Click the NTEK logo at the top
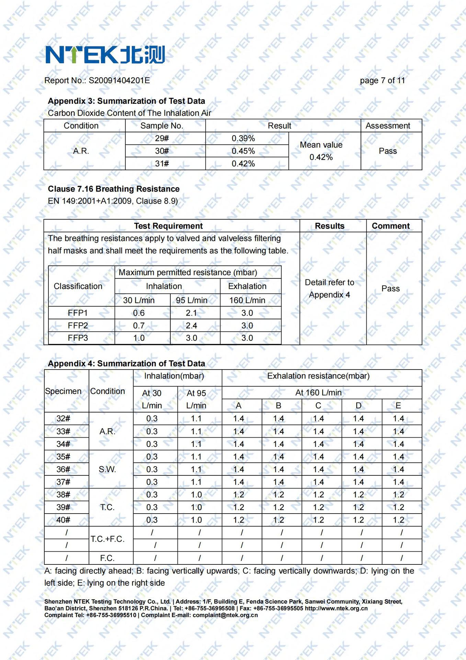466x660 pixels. pyautogui.click(x=105, y=55)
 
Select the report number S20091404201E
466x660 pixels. pyautogui.click(x=119, y=80)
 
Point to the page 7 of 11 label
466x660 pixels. pyautogui.click(x=382, y=80)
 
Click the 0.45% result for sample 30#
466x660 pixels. pyautogui.click(x=243, y=151)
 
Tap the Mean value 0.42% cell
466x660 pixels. pyautogui.click(x=321, y=151)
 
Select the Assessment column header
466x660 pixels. pyautogui.click(x=388, y=126)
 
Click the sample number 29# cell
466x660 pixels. pyautogui.click(x=162, y=139)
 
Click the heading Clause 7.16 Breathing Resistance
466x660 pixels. pyautogui.click(x=114, y=189)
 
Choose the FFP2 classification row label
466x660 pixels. pyautogui.click(x=78, y=326)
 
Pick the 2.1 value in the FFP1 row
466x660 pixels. pyautogui.click(x=191, y=313)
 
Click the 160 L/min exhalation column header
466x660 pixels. pyautogui.click(x=247, y=300)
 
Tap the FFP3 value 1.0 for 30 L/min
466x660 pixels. pyautogui.click(x=139, y=338)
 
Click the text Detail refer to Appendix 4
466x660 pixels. pyautogui.click(x=329, y=288)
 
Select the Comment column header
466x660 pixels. pyautogui.click(x=390, y=226)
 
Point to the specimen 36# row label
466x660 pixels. pyautogui.click(x=64, y=469)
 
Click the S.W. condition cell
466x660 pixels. pyautogui.click(x=107, y=469)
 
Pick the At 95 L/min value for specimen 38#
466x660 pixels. pyautogui.click(x=196, y=495)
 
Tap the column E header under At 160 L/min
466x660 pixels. pyautogui.click(x=398, y=406)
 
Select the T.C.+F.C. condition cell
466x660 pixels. pyautogui.click(x=107, y=539)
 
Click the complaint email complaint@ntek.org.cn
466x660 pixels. pyautogui.click(x=225, y=615)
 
